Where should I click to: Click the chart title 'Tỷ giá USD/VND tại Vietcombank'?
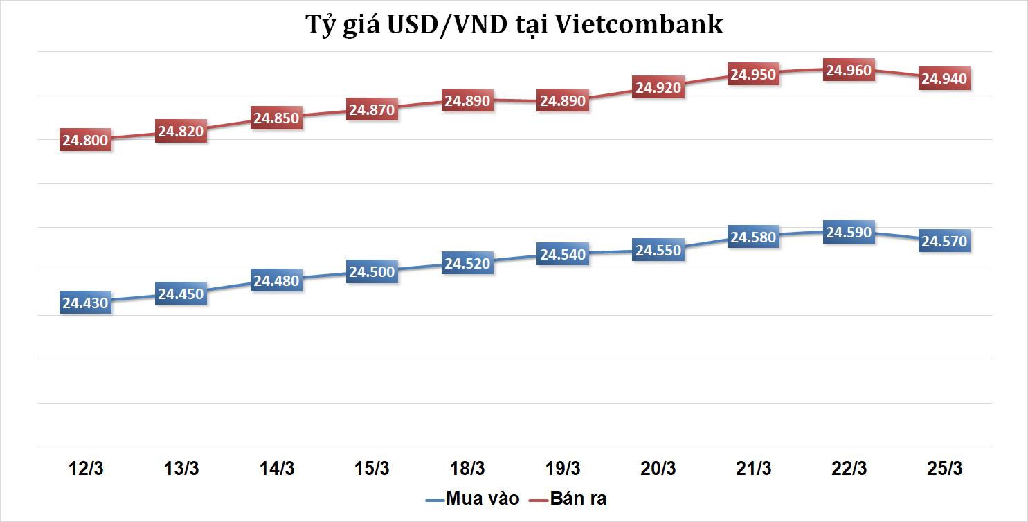(514, 24)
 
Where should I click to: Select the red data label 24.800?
(85, 141)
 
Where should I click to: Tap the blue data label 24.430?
(85, 303)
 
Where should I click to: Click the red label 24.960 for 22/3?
(849, 70)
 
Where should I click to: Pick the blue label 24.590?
(849, 232)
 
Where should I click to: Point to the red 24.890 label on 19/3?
(563, 100)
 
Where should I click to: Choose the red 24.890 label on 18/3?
(467, 100)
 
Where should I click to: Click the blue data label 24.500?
(372, 272)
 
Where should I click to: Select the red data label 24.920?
(658, 87)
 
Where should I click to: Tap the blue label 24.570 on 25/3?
(944, 241)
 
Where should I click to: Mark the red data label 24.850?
(276, 118)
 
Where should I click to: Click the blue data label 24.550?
(658, 250)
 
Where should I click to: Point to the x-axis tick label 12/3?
(86, 469)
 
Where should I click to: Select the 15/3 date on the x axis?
(372, 469)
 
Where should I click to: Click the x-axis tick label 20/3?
(658, 469)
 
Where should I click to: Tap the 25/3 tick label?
(944, 469)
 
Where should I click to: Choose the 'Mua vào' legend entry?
(471, 498)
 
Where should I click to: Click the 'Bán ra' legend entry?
(568, 498)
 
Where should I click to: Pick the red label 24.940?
(944, 78)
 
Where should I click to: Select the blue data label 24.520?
(467, 263)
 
